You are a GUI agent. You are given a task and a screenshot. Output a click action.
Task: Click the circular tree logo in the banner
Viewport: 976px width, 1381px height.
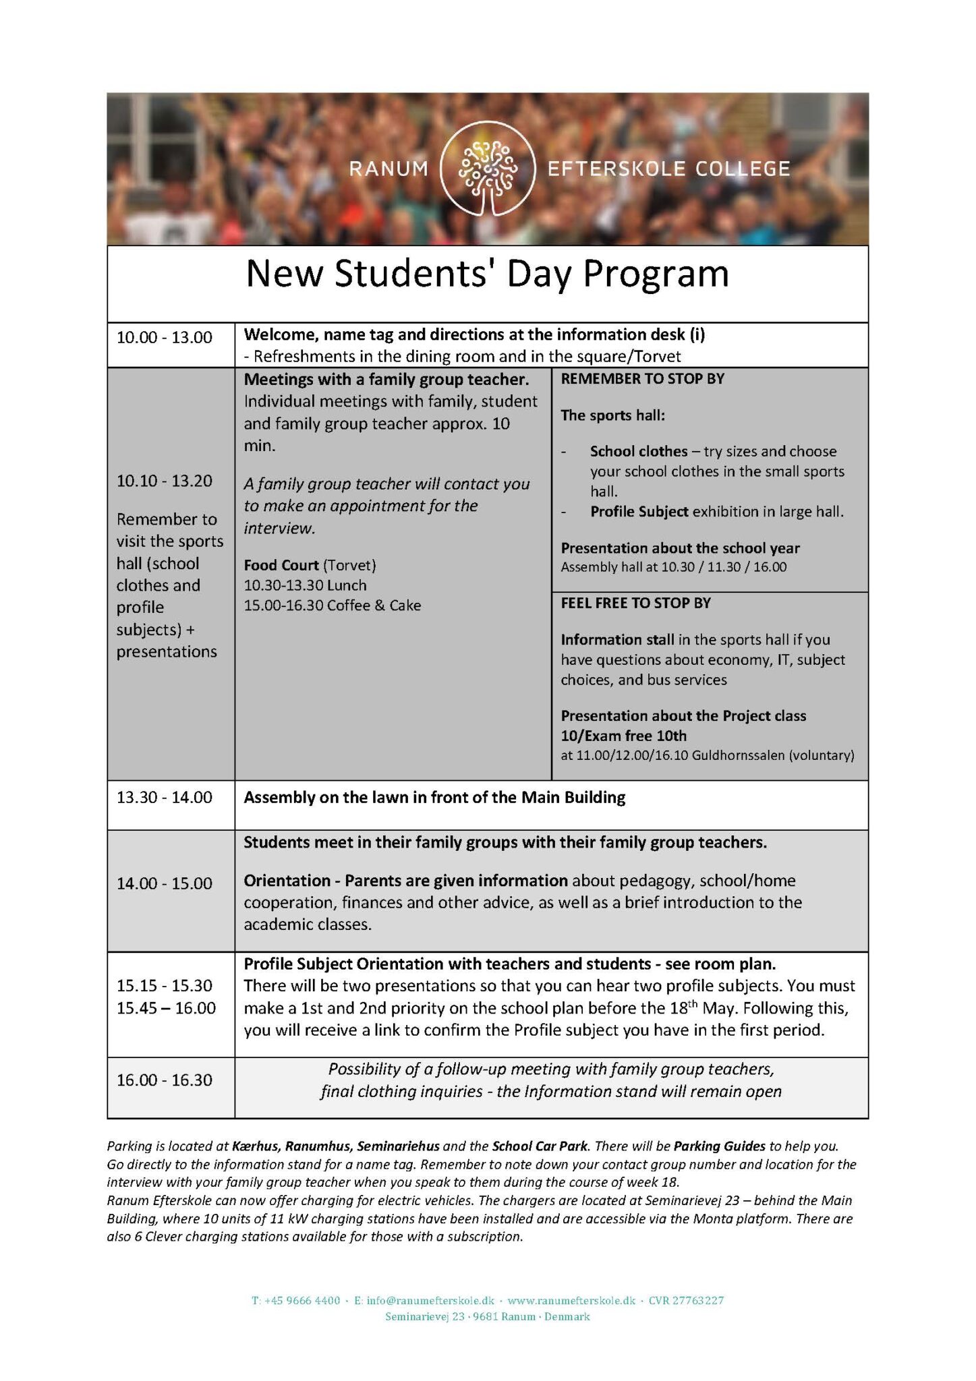pyautogui.click(x=488, y=168)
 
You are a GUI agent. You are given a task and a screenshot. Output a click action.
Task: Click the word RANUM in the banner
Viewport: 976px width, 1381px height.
pyautogui.click(x=389, y=169)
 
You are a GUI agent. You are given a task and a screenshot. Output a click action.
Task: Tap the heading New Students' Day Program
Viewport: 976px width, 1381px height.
pyautogui.click(x=487, y=274)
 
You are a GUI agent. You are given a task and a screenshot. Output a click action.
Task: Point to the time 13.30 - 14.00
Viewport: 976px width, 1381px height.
pyautogui.click(x=164, y=797)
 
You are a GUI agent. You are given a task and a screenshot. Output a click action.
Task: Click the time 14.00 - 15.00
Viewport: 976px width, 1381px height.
pyautogui.click(x=164, y=883)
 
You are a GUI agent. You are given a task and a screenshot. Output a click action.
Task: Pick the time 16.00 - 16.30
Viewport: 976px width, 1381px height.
pyautogui.click(x=164, y=1080)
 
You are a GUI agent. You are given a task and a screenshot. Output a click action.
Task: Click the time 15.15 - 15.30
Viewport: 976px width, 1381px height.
pyautogui.click(x=164, y=985)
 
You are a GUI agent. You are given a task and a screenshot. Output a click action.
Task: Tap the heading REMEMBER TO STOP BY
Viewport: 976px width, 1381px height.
pyautogui.click(x=642, y=379)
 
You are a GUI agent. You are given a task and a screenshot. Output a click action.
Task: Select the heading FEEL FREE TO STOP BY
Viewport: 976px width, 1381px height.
pyautogui.click(x=635, y=603)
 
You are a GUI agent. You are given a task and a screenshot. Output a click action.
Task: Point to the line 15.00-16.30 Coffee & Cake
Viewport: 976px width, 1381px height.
pyautogui.click(x=332, y=606)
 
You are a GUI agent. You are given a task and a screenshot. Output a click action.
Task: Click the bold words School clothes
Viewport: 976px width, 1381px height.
pyautogui.click(x=639, y=451)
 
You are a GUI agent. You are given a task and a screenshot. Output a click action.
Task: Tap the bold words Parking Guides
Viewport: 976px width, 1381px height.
pyautogui.click(x=720, y=1146)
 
